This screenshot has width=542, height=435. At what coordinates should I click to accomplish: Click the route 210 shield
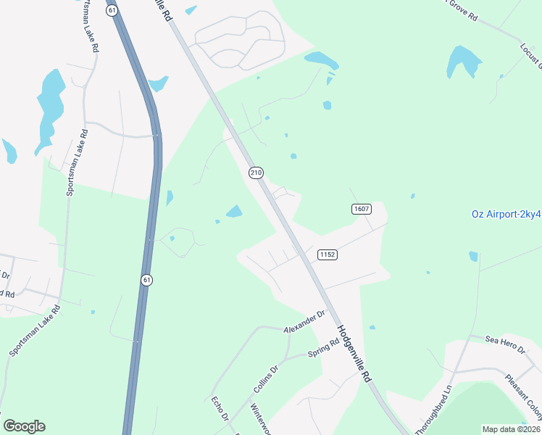click(x=255, y=173)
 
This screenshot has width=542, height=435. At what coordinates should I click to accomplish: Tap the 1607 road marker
click(x=362, y=209)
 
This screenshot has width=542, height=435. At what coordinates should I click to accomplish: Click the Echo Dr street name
click(x=220, y=409)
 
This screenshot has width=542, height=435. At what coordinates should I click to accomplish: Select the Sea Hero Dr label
click(x=504, y=344)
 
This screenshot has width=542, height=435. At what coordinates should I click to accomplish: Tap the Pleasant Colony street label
click(x=523, y=396)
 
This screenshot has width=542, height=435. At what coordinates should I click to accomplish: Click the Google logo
click(x=24, y=426)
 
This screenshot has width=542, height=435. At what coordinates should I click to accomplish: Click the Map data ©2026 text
click(x=511, y=429)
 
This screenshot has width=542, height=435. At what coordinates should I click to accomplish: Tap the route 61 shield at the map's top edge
click(x=111, y=9)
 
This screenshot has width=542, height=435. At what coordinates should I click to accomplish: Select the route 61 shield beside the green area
click(x=147, y=280)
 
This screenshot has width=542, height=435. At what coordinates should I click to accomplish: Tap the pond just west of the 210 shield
click(x=234, y=212)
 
